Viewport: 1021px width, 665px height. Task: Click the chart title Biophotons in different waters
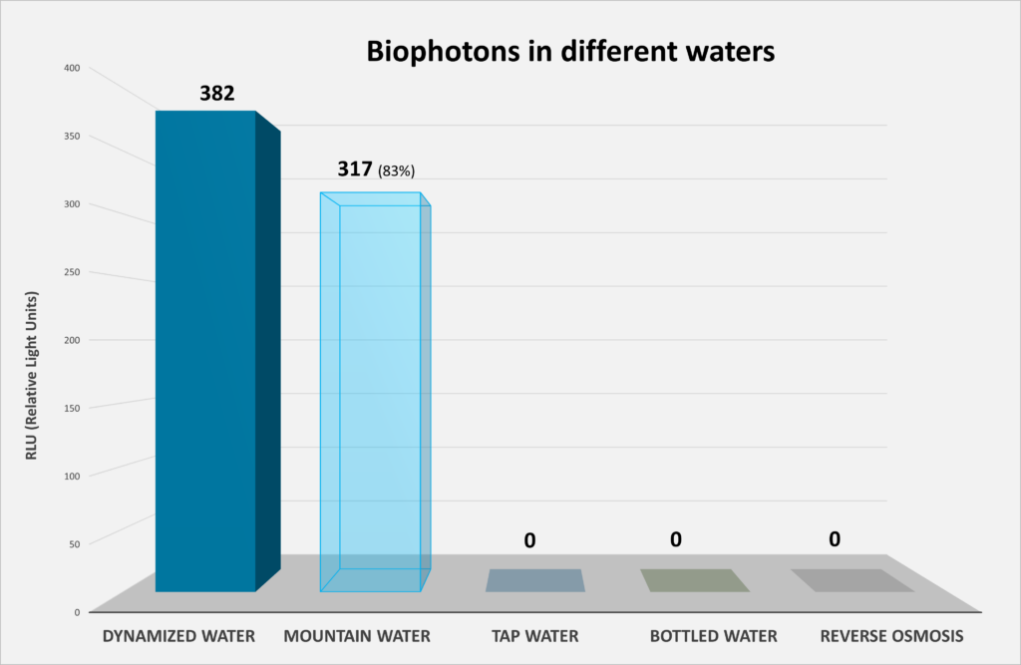pyautogui.click(x=569, y=52)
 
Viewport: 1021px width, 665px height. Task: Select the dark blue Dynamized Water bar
pyautogui.click(x=205, y=349)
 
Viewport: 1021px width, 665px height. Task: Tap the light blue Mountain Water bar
pyautogui.click(x=374, y=389)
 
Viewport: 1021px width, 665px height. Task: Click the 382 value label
pyautogui.click(x=216, y=94)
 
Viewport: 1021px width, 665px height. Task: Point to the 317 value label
pyautogui.click(x=354, y=169)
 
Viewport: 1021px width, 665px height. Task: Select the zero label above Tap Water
pyautogui.click(x=529, y=540)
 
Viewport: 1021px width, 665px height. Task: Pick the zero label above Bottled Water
pyautogui.click(x=675, y=539)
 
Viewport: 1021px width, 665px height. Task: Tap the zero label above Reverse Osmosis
pyautogui.click(x=834, y=539)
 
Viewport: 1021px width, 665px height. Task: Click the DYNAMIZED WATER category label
pyautogui.click(x=179, y=635)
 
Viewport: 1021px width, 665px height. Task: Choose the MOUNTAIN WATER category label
pyautogui.click(x=356, y=635)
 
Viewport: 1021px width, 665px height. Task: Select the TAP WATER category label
pyautogui.click(x=534, y=635)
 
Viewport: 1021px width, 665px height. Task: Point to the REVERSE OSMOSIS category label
pyautogui.click(x=891, y=635)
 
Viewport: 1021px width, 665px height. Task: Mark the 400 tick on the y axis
pyautogui.click(x=72, y=68)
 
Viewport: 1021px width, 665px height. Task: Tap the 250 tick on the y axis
pyautogui.click(x=72, y=271)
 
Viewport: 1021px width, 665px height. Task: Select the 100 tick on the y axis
pyautogui.click(x=72, y=475)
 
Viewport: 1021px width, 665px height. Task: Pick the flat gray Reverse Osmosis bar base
pyautogui.click(x=851, y=580)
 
